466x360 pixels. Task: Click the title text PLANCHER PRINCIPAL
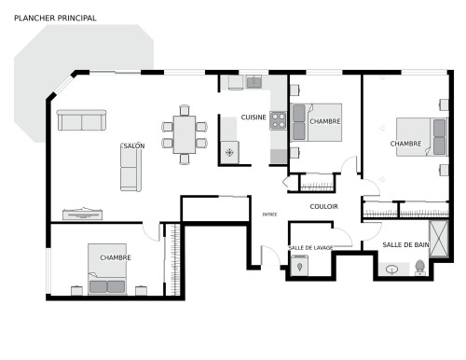tap(55, 18)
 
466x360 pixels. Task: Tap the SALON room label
tap(133, 146)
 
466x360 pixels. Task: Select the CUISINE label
tap(254, 118)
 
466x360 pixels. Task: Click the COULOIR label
tap(324, 206)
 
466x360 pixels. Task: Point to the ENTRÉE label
tap(269, 215)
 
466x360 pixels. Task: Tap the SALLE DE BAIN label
tap(405, 244)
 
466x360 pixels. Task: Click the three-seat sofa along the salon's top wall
tap(81, 120)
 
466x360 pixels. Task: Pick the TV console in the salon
tap(82, 214)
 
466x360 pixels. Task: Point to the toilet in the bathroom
tap(419, 268)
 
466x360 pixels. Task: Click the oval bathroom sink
tap(392, 270)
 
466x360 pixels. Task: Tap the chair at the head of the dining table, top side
tap(184, 107)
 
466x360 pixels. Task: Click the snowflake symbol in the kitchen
tap(228, 152)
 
